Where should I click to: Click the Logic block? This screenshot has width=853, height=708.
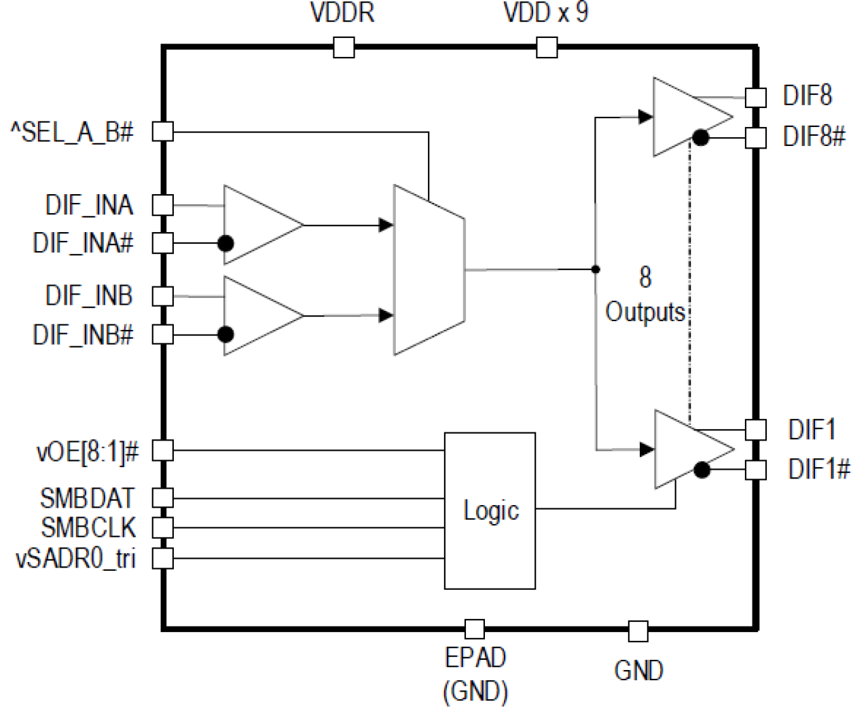(490, 510)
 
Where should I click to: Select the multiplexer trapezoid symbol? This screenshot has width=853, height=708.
(429, 270)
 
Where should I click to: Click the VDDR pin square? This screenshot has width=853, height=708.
(344, 48)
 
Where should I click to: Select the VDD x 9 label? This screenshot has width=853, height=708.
(545, 13)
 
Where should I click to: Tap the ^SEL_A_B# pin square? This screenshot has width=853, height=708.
(163, 131)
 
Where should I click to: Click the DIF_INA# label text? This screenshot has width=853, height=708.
(83, 243)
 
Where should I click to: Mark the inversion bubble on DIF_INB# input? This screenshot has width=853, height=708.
(225, 334)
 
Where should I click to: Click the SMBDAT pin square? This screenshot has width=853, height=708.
(163, 498)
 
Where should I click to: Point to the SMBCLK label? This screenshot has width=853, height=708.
(88, 528)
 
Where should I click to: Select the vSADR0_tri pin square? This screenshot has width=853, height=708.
(163, 559)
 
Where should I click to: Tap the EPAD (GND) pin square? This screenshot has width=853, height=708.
(475, 629)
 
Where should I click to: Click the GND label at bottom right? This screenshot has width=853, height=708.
(638, 671)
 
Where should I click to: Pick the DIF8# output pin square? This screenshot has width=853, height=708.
(756, 138)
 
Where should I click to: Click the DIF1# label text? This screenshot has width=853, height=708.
(818, 469)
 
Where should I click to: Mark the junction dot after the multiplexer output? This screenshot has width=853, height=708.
(596, 269)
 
